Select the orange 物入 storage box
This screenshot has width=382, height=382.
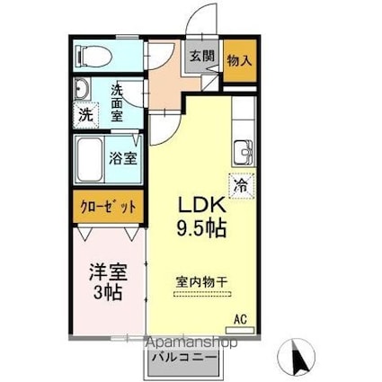tap(238, 61)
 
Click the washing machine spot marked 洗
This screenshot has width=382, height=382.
tap(84, 115)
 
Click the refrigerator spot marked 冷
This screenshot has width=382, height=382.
tap(241, 186)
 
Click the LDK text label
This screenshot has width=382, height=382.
tap(205, 206)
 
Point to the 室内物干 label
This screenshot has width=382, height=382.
tap(202, 280)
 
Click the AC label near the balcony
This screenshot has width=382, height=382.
tap(240, 319)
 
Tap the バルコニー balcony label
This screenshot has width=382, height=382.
tap(183, 358)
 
